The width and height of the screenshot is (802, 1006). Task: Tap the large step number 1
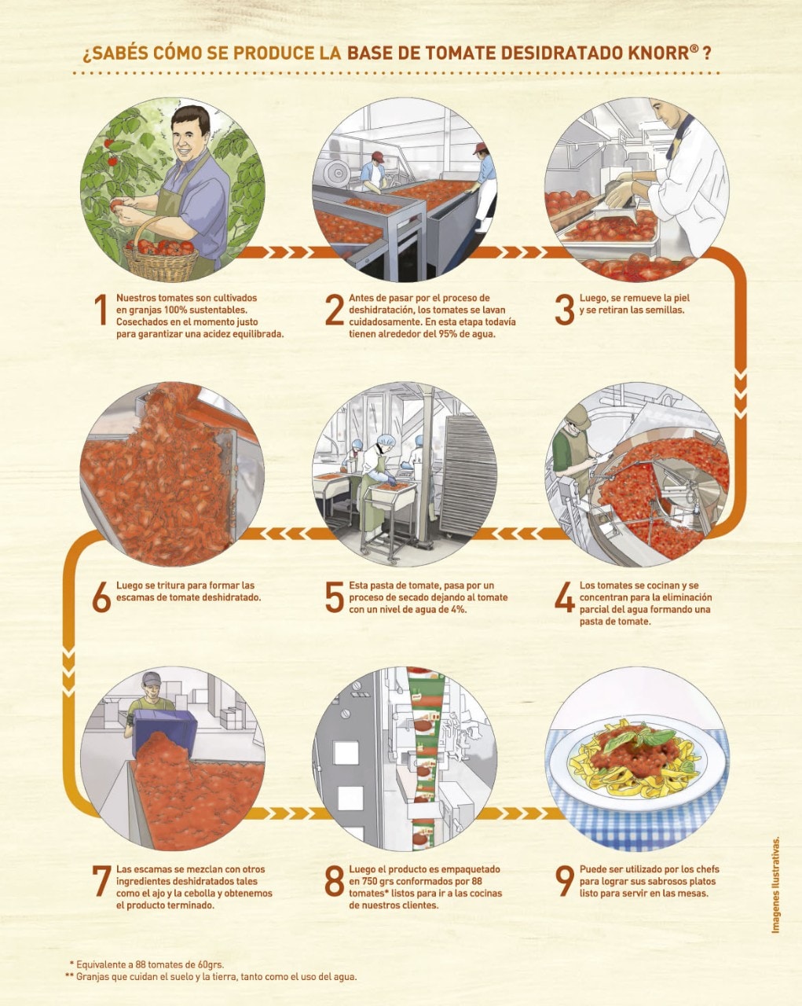coord(100,310)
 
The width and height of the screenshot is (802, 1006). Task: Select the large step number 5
coord(334,597)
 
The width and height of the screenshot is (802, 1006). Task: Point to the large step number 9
coord(565,882)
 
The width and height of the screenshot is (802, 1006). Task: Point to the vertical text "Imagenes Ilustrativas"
coord(775,884)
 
